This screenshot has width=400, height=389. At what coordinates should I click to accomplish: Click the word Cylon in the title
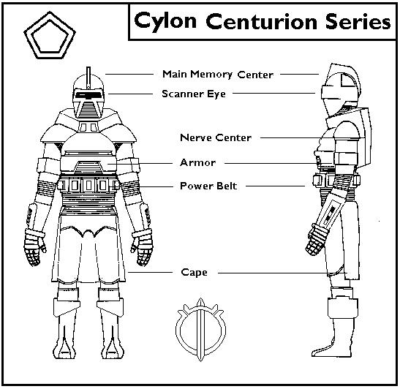(165, 22)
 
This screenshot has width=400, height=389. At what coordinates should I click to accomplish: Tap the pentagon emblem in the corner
(50, 35)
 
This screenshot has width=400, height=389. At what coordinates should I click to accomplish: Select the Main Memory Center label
(218, 75)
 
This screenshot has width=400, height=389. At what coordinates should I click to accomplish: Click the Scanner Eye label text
(194, 94)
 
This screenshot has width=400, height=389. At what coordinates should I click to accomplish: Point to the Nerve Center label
(216, 137)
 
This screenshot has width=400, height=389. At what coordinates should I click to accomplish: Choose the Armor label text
(197, 162)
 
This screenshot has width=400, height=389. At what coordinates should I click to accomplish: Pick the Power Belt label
(208, 186)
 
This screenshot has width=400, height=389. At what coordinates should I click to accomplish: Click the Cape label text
(194, 272)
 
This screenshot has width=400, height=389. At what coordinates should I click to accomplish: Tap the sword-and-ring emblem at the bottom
(200, 329)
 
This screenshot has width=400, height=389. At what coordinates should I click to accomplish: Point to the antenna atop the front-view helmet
(88, 78)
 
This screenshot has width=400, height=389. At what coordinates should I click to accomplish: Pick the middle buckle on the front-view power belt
(88, 186)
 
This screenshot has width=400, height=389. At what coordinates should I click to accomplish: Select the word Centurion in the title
(261, 21)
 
